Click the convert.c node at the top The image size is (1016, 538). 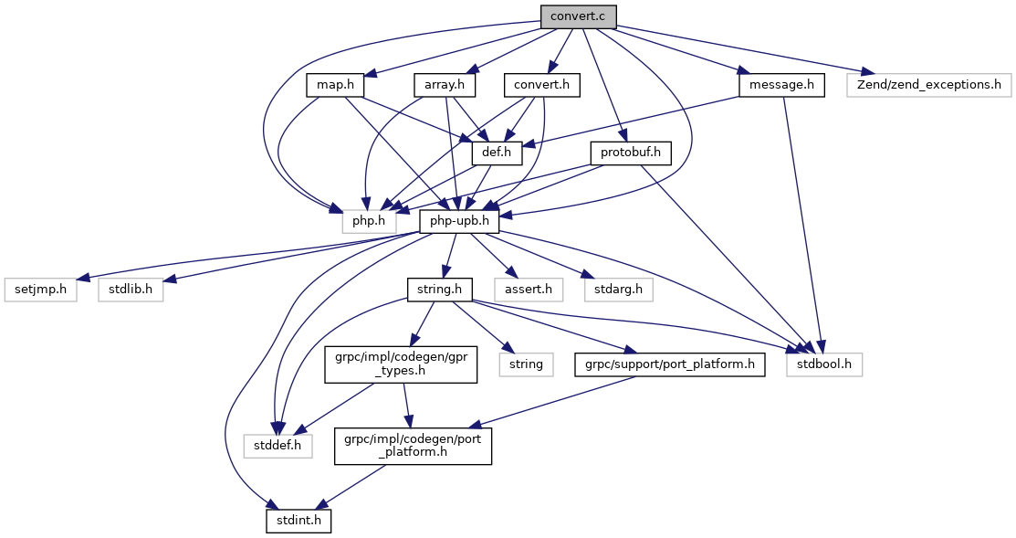[578, 16]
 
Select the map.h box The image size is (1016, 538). [335, 85]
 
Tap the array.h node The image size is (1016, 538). [445, 85]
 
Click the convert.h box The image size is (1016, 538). [543, 85]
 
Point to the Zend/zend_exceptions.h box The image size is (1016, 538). [927, 85]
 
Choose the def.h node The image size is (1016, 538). [495, 153]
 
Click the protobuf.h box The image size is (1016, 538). [631, 153]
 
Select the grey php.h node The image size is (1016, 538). [370, 221]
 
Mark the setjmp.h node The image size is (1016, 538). [41, 290]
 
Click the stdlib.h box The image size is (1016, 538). [131, 290]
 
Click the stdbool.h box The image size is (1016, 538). [824, 364]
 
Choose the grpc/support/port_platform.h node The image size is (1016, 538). [669, 364]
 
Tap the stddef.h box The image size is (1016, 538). [278, 446]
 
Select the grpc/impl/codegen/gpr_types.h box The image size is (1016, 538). [401, 364]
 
